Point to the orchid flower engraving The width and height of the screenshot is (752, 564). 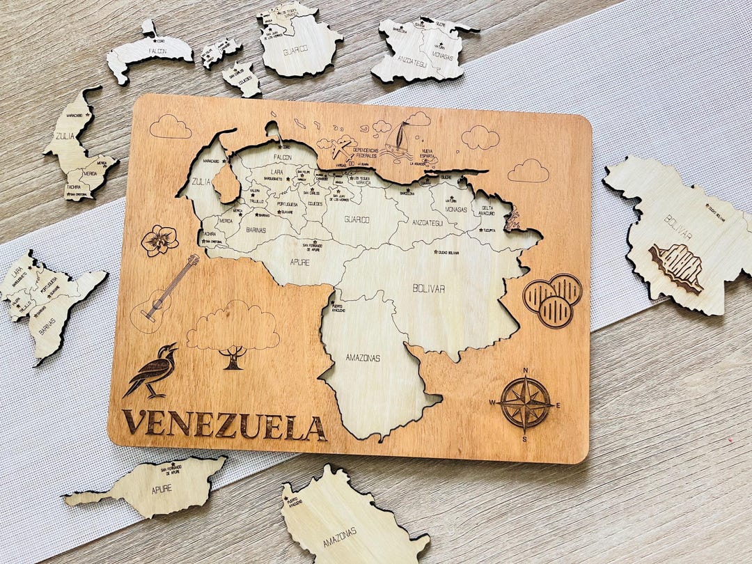tap(160, 240)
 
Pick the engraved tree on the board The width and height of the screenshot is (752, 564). tap(233, 334)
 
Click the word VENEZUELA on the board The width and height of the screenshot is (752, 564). tap(224, 424)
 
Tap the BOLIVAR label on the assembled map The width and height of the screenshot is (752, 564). tap(428, 288)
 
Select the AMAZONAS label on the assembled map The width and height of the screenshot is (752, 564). tap(363, 358)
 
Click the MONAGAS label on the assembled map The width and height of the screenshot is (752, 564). tap(456, 208)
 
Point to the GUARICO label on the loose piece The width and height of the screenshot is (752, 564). tap(295, 50)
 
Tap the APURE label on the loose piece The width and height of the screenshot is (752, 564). tap(161, 488)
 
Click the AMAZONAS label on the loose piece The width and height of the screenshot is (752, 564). tap(339, 536)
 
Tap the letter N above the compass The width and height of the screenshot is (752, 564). tap(526, 370)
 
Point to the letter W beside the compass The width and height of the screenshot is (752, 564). tap(492, 402)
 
